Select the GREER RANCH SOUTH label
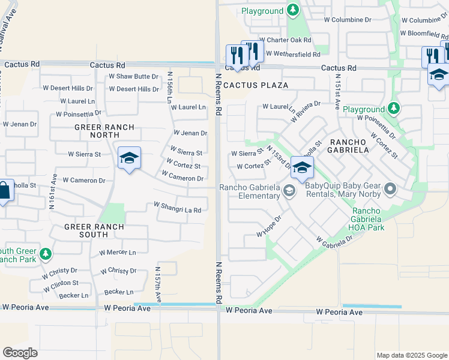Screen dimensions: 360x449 [95, 231]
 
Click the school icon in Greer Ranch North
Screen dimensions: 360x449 [129, 159]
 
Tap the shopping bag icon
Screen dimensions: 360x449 [3, 192]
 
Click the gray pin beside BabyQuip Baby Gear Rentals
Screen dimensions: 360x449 [390, 190]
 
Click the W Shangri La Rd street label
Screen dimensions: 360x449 [177, 207]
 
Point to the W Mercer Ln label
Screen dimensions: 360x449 [118, 253]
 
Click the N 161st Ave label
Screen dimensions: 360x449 [53, 191]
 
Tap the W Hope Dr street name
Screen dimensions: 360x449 [269, 226]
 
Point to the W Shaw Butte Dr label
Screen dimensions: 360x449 [133, 76]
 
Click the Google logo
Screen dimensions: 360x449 [20, 353]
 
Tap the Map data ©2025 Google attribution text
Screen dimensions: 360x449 [411, 355]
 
